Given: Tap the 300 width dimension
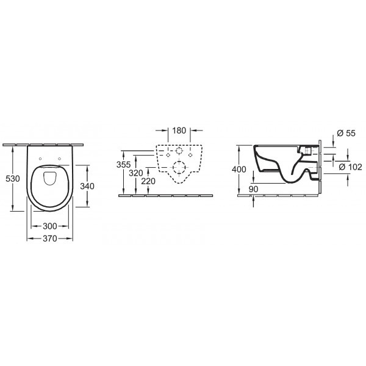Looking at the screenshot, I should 51,226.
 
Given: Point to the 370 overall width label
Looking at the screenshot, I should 51,239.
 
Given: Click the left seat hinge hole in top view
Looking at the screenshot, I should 40,160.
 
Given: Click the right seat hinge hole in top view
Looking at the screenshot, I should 62,160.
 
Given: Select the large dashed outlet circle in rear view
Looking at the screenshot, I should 179,167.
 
